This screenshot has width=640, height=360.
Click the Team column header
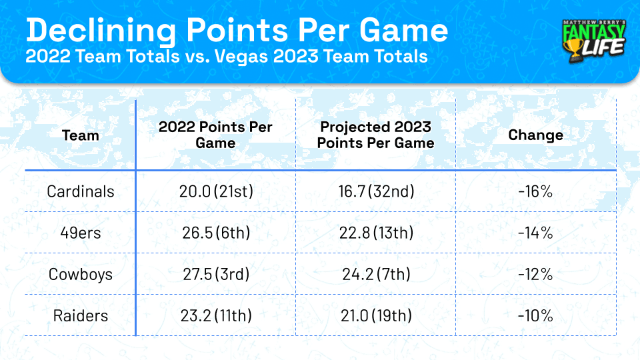point(80,135)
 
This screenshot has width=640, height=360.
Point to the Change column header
point(535,135)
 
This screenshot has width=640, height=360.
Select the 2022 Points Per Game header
point(215,135)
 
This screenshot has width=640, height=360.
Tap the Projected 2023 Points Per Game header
point(375,135)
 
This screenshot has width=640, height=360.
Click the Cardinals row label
point(81,191)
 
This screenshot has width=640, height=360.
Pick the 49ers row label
point(81,233)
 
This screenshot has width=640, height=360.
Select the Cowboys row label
point(81,274)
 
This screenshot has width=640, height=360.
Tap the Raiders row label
point(81,315)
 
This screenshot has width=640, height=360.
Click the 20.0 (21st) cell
point(215,191)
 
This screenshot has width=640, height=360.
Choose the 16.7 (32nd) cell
point(375,191)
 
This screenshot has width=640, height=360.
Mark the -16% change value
point(535,191)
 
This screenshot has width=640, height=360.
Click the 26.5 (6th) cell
point(215,233)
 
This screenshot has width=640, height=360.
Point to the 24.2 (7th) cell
point(375,274)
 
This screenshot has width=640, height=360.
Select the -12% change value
point(535,274)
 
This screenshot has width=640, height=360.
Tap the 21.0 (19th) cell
point(375,315)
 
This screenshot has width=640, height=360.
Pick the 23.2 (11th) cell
point(215,315)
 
